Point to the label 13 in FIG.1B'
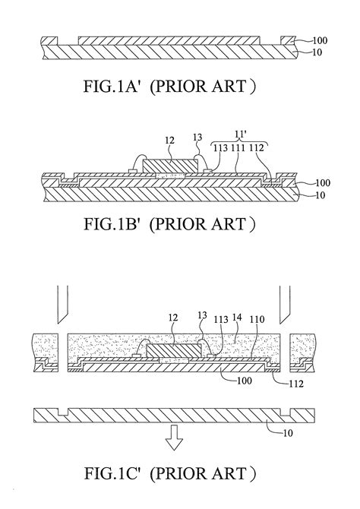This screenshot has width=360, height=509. pos(200,139)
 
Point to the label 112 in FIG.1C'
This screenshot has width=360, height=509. pos(298,384)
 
